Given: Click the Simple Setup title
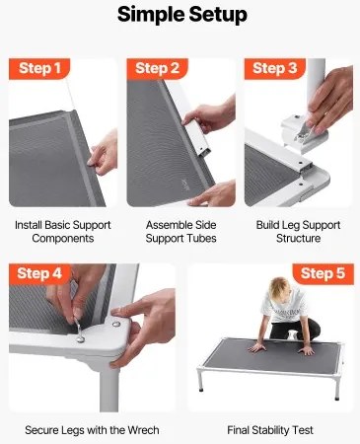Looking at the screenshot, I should [181, 17].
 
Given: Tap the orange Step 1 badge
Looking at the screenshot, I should [40, 69].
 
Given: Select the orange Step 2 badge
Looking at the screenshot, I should [158, 69].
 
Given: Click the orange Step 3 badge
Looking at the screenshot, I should [275, 69].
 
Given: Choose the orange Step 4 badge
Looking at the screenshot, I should [40, 273].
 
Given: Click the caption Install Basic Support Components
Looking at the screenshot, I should [62, 231].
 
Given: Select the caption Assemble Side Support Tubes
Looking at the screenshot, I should [180, 231].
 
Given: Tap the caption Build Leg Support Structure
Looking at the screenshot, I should [298, 231].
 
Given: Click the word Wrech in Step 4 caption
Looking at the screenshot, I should [141, 430].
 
